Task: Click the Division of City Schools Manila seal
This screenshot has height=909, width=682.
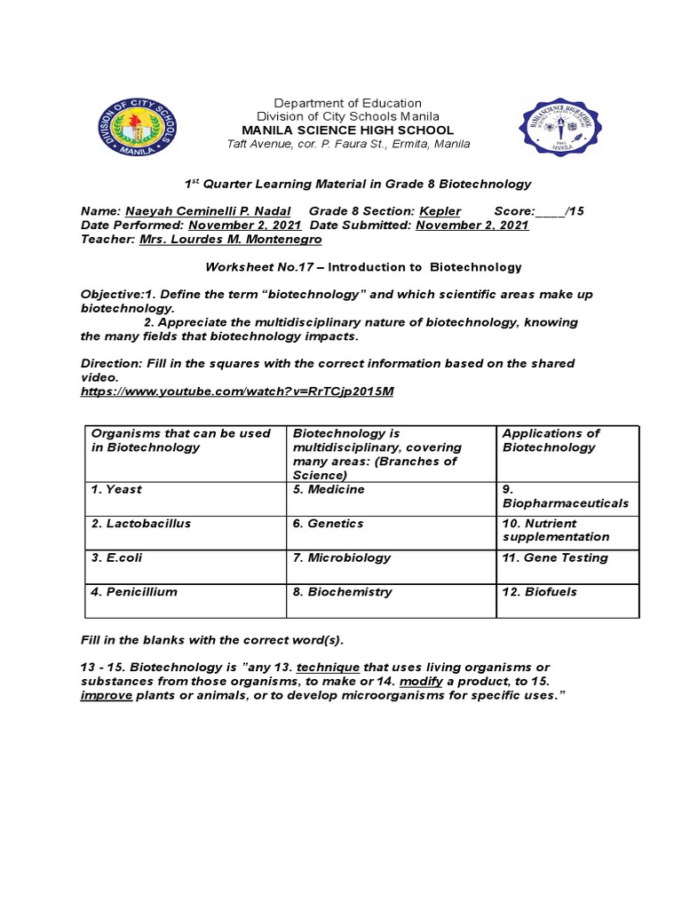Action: (137, 127)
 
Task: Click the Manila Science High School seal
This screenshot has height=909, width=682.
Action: (559, 127)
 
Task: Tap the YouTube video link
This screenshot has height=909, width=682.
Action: (237, 391)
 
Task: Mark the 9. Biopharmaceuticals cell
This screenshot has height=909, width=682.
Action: (566, 496)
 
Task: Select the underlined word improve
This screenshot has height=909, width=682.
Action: (107, 695)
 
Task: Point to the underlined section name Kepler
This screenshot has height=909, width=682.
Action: (440, 211)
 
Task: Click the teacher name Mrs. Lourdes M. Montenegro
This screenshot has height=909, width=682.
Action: (231, 240)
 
